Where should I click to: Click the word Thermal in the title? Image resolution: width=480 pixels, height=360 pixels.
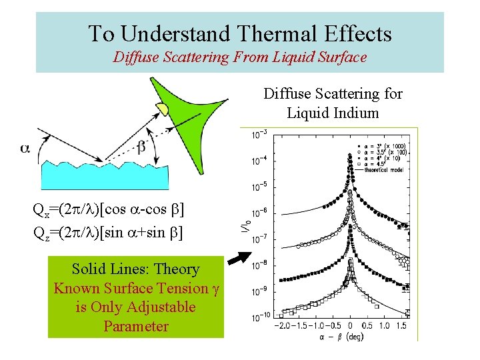click(x=247, y=33)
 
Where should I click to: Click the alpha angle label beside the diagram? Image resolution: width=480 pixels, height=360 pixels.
click(x=25, y=148)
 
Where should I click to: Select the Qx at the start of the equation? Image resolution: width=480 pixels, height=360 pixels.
click(x=41, y=211)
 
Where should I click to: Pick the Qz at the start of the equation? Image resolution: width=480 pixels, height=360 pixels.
click(x=41, y=232)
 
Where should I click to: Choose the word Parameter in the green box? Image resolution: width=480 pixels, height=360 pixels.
click(x=136, y=327)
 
